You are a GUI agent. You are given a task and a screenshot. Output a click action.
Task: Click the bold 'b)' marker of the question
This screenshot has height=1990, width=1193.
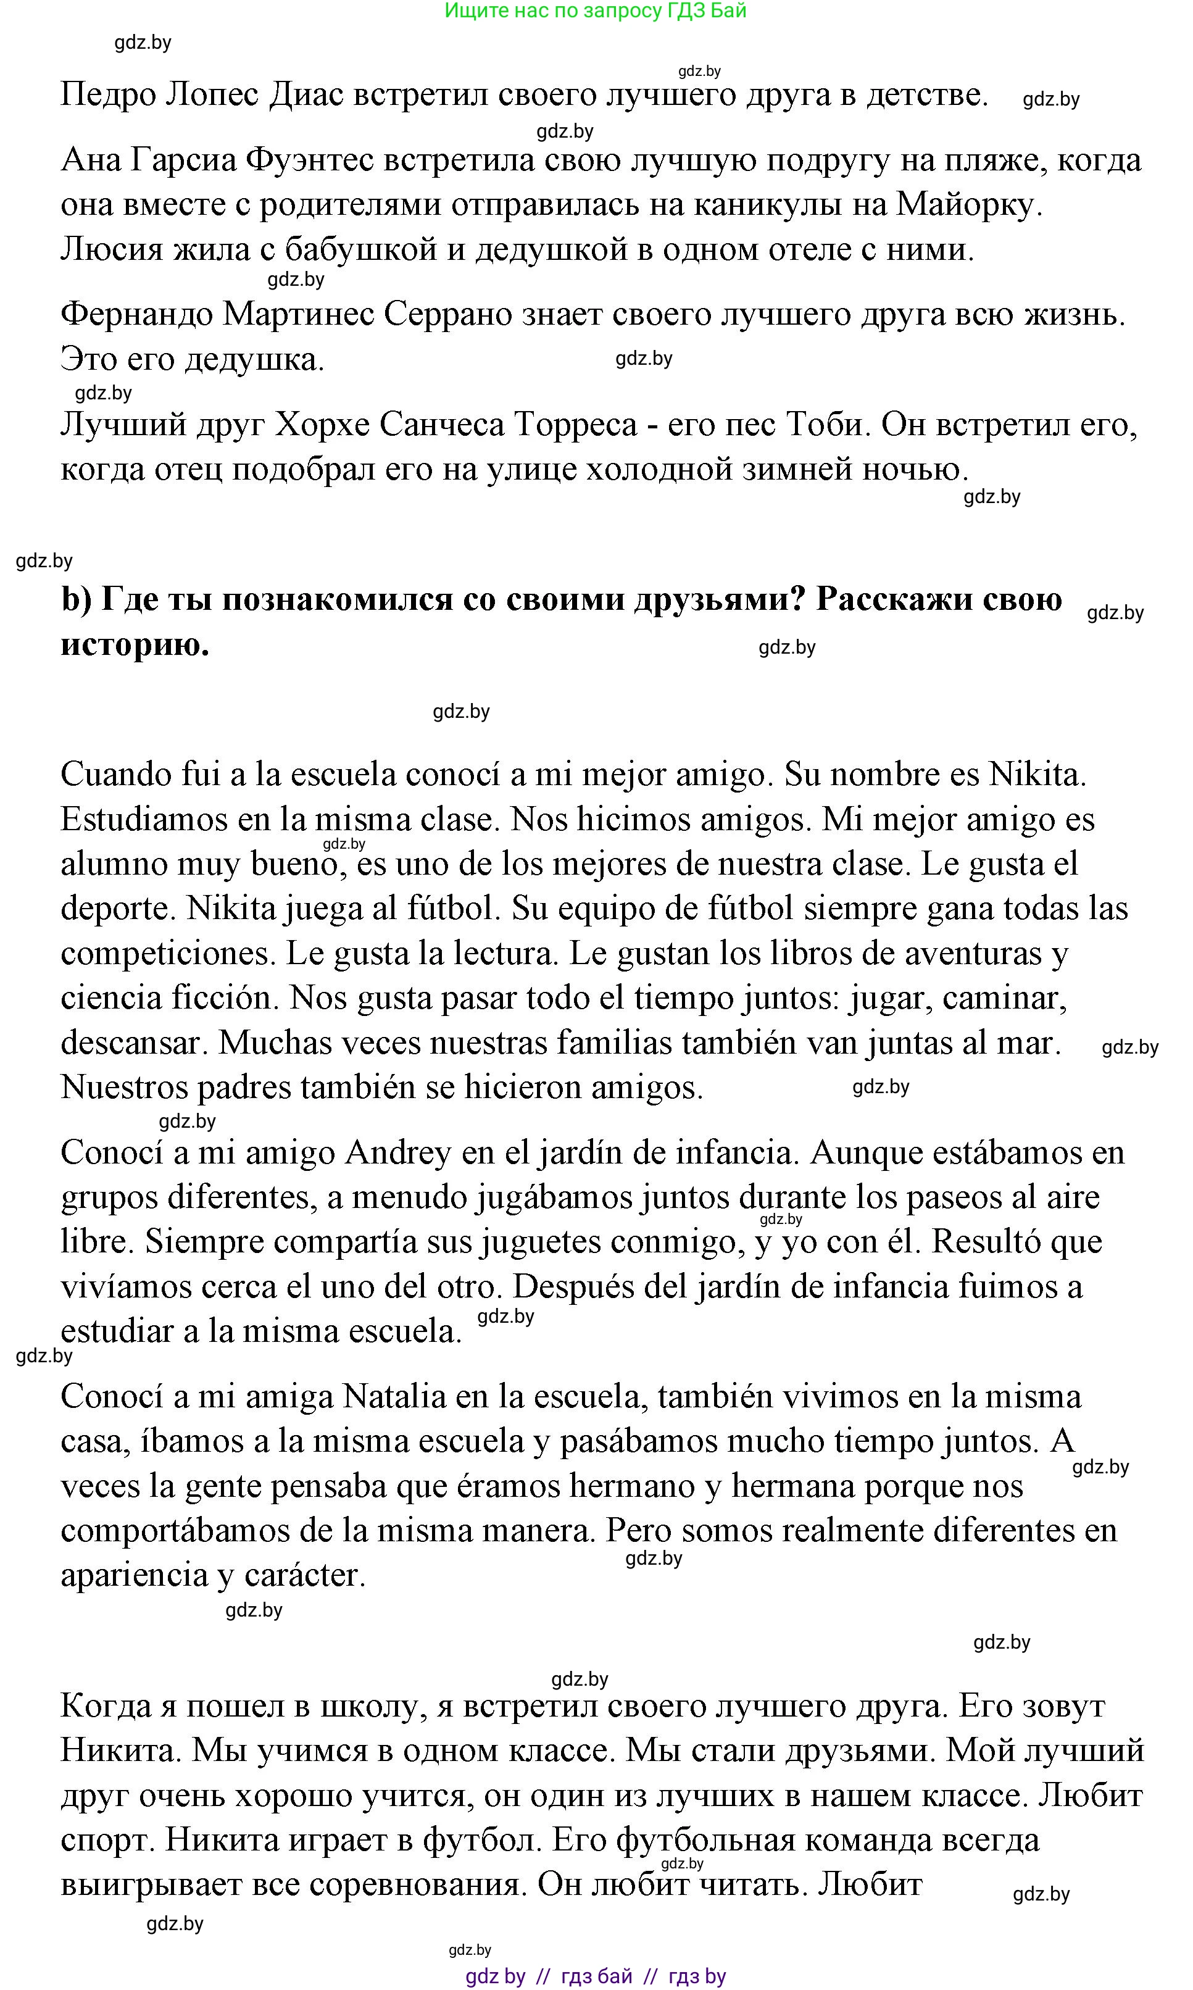pos(77,599)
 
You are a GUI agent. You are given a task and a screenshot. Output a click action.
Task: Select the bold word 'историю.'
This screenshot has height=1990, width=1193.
pos(135,644)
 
